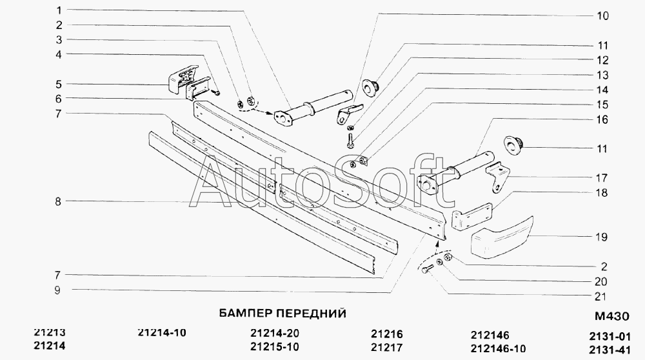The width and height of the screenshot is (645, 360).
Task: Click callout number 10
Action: (x=601, y=16)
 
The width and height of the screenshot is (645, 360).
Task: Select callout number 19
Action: (x=601, y=237)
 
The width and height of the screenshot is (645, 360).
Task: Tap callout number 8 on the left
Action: (x=57, y=202)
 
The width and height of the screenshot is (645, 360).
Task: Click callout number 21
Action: (x=601, y=297)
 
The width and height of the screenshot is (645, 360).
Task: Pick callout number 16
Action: (x=601, y=120)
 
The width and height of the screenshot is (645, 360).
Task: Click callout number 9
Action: (x=57, y=290)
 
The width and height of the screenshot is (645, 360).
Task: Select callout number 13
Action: (x=601, y=75)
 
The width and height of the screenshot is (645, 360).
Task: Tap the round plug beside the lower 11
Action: (x=513, y=146)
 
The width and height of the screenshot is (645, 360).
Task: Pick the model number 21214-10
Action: (x=162, y=333)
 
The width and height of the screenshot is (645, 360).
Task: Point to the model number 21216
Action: (x=387, y=334)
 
